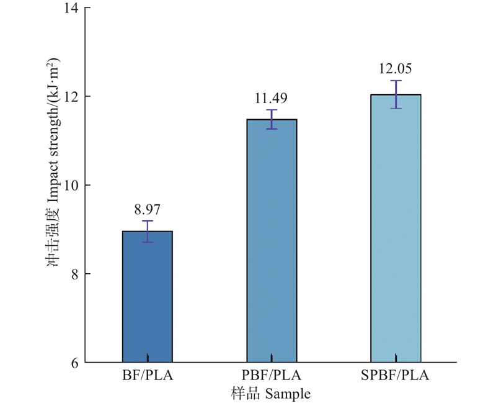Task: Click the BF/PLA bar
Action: [x=148, y=296]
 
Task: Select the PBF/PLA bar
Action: [x=272, y=240]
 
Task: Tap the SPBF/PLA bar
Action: [x=396, y=228]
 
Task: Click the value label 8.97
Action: [x=148, y=209]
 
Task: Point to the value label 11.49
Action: [x=272, y=98]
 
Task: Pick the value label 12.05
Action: [x=396, y=69]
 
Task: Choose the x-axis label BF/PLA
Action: [x=148, y=376]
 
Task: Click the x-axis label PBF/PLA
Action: [x=272, y=376]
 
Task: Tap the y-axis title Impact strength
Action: [x=54, y=186]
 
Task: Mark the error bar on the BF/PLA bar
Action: [x=148, y=231]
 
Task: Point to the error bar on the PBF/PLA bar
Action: [x=272, y=119]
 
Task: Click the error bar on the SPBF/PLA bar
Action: [x=396, y=94]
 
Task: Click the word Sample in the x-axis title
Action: [x=288, y=394]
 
